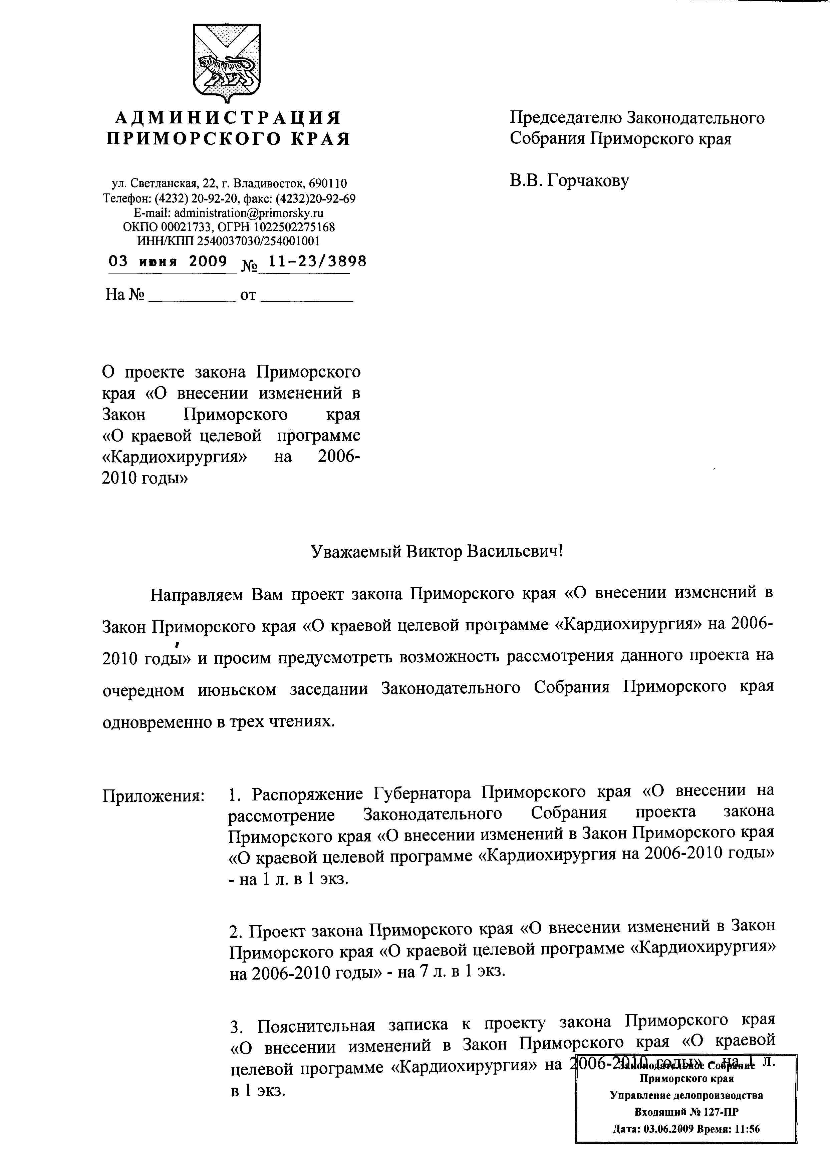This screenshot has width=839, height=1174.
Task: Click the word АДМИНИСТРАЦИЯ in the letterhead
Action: (228, 118)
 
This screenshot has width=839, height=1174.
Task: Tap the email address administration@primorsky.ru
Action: (249, 213)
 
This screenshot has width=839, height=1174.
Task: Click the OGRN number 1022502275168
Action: (293, 227)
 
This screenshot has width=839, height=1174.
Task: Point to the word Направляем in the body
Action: (196, 595)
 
